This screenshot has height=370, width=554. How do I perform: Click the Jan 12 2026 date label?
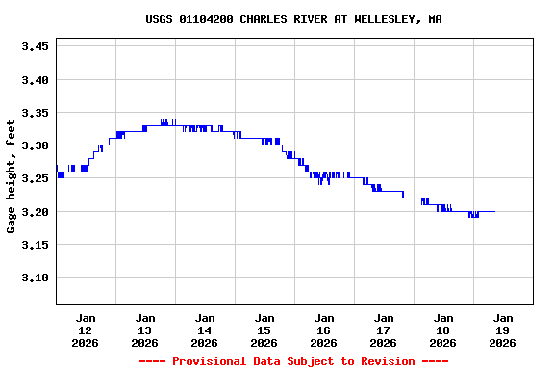tap(86, 330)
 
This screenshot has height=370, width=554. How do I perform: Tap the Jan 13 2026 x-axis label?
tap(145, 330)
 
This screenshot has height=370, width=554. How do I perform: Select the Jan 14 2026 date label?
tap(205, 330)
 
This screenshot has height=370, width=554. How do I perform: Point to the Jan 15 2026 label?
tap(264, 330)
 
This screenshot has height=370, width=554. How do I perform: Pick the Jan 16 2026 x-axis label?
tap(324, 330)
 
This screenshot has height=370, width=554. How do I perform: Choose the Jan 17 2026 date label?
tap(384, 330)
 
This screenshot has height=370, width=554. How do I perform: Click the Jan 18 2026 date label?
tap(443, 330)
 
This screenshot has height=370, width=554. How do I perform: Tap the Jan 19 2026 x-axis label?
tap(503, 330)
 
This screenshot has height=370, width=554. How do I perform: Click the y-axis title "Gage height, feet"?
tap(12, 176)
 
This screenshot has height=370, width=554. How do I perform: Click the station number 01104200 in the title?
tap(206, 19)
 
